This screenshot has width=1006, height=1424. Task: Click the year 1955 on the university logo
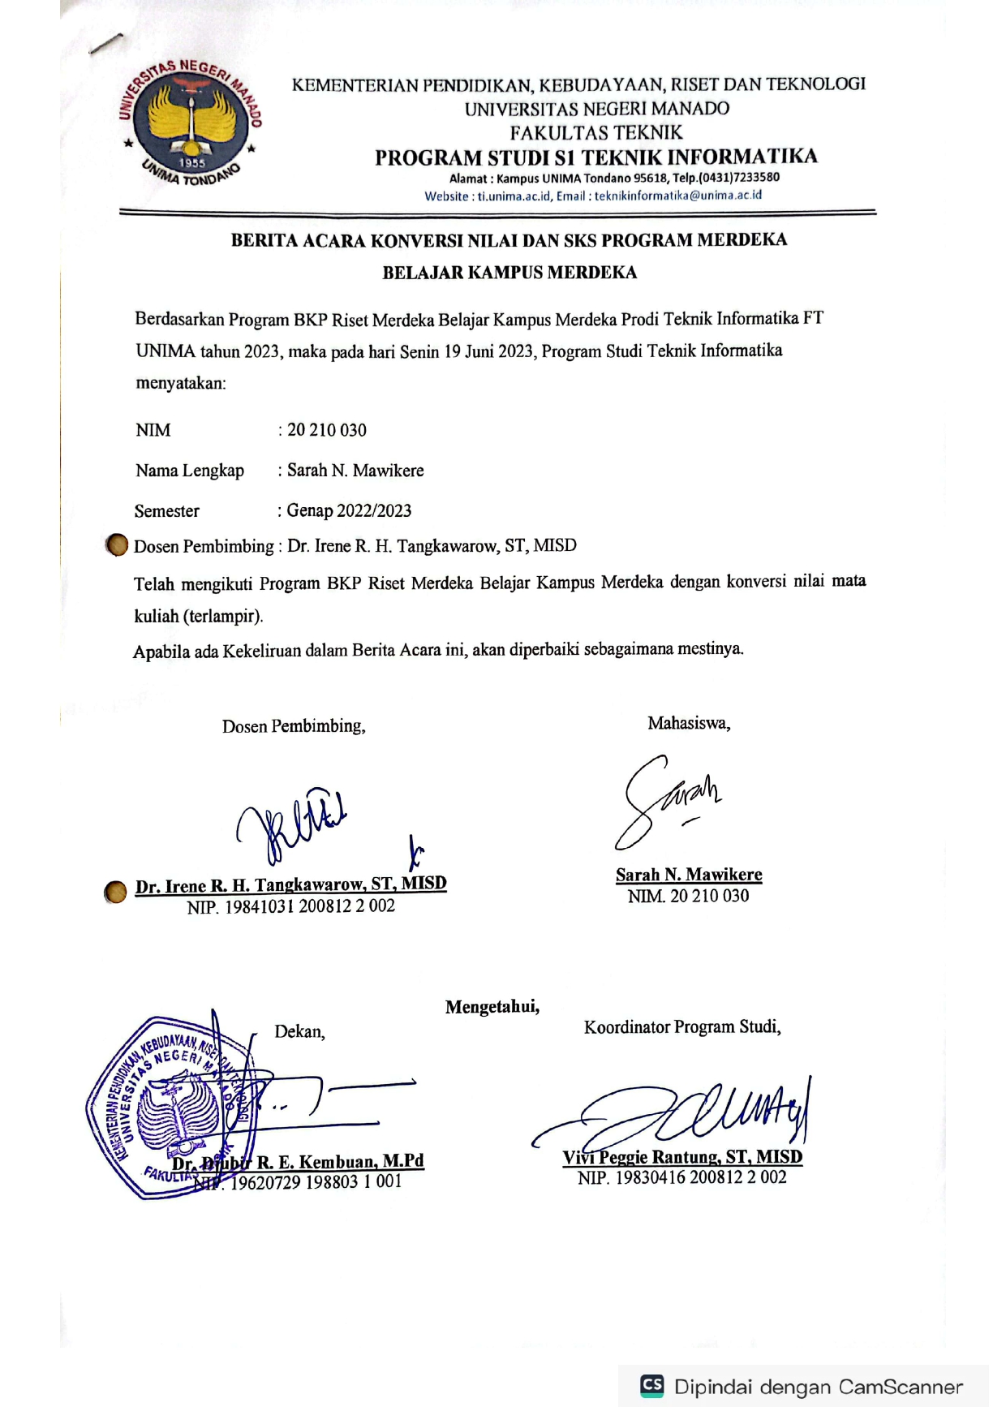click(x=192, y=162)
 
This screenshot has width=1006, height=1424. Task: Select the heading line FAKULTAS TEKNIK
click(x=596, y=132)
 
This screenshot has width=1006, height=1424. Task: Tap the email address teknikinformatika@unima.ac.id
click(x=678, y=196)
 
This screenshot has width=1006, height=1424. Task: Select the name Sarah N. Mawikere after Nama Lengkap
click(x=355, y=471)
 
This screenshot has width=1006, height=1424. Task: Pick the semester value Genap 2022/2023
click(x=349, y=510)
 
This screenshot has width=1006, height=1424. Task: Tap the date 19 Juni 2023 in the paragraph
click(x=489, y=351)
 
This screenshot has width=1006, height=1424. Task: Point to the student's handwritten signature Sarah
click(x=667, y=799)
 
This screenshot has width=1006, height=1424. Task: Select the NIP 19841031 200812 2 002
click(x=291, y=906)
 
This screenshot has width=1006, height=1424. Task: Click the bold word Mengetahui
click(x=492, y=1007)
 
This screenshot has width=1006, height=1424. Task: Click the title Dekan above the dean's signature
click(x=299, y=1031)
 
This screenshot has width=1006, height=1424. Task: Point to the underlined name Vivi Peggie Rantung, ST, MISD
click(x=682, y=1157)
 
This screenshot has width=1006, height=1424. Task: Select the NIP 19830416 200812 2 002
click(x=682, y=1177)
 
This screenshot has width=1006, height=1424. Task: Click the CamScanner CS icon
click(x=651, y=1385)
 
